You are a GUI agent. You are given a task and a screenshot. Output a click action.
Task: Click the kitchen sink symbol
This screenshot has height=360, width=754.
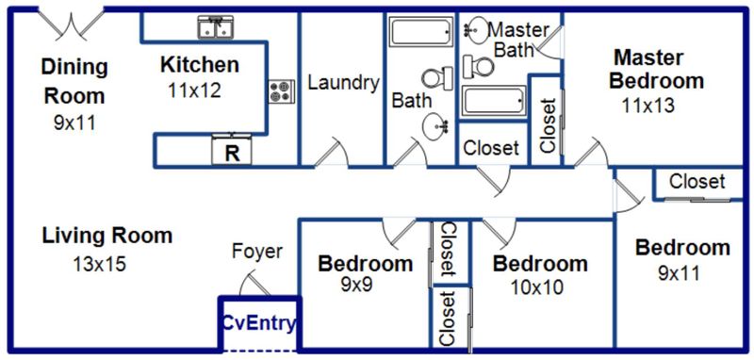215,27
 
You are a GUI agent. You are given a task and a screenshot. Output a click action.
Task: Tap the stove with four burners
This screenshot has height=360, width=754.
281,91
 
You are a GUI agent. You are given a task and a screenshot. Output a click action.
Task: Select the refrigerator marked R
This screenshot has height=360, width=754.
232,150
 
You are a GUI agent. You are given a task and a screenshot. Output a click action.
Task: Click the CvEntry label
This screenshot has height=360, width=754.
258,324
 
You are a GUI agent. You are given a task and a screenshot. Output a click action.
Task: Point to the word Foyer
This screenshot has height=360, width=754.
257,251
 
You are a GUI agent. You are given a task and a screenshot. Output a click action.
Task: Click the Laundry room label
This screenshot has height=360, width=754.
343,83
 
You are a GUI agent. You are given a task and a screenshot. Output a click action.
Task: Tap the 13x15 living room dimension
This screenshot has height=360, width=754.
100,264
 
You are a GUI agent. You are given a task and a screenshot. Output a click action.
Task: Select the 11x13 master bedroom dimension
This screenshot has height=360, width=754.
647,106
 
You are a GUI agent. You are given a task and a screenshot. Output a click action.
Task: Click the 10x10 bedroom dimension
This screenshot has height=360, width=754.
536,287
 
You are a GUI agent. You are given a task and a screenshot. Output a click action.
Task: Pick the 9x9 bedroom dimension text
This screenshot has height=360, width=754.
356,284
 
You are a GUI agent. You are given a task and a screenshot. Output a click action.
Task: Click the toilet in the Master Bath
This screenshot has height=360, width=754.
479,66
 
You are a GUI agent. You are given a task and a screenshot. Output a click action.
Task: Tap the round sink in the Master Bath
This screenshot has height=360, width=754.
477,30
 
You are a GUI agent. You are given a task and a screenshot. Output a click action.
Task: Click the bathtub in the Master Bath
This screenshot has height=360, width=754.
494,101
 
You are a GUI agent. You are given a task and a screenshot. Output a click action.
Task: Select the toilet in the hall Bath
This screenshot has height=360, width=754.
437,78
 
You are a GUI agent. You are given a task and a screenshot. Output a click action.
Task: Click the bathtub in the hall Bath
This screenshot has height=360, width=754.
421,31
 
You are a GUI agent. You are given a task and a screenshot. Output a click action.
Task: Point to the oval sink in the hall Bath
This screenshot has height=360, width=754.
435,126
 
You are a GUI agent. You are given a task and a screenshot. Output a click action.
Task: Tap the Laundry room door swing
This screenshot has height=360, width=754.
332,152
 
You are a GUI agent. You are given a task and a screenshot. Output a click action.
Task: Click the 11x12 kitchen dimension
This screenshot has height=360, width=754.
195,90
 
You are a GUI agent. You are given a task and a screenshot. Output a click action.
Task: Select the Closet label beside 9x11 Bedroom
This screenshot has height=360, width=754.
697,181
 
